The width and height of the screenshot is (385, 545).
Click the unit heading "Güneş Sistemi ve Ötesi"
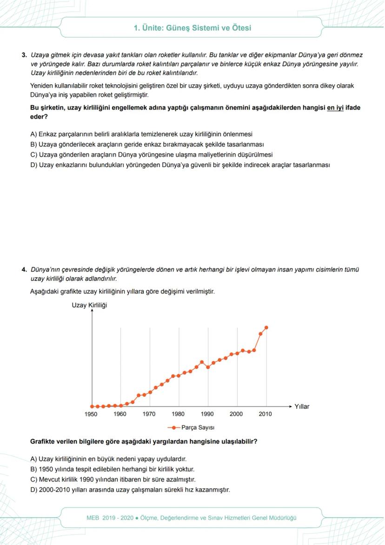click(192, 28)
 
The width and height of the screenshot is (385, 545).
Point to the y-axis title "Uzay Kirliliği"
click(89, 305)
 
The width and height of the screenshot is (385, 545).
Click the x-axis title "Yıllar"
click(302, 406)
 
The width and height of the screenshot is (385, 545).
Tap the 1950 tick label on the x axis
click(91, 414)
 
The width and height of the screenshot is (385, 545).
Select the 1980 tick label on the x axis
click(178, 414)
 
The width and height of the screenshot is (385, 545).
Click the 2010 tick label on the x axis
click(266, 414)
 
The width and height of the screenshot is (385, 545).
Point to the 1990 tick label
click(207, 414)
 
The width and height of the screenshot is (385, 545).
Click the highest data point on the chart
click(266, 327)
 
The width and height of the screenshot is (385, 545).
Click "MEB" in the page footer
click(93, 518)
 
